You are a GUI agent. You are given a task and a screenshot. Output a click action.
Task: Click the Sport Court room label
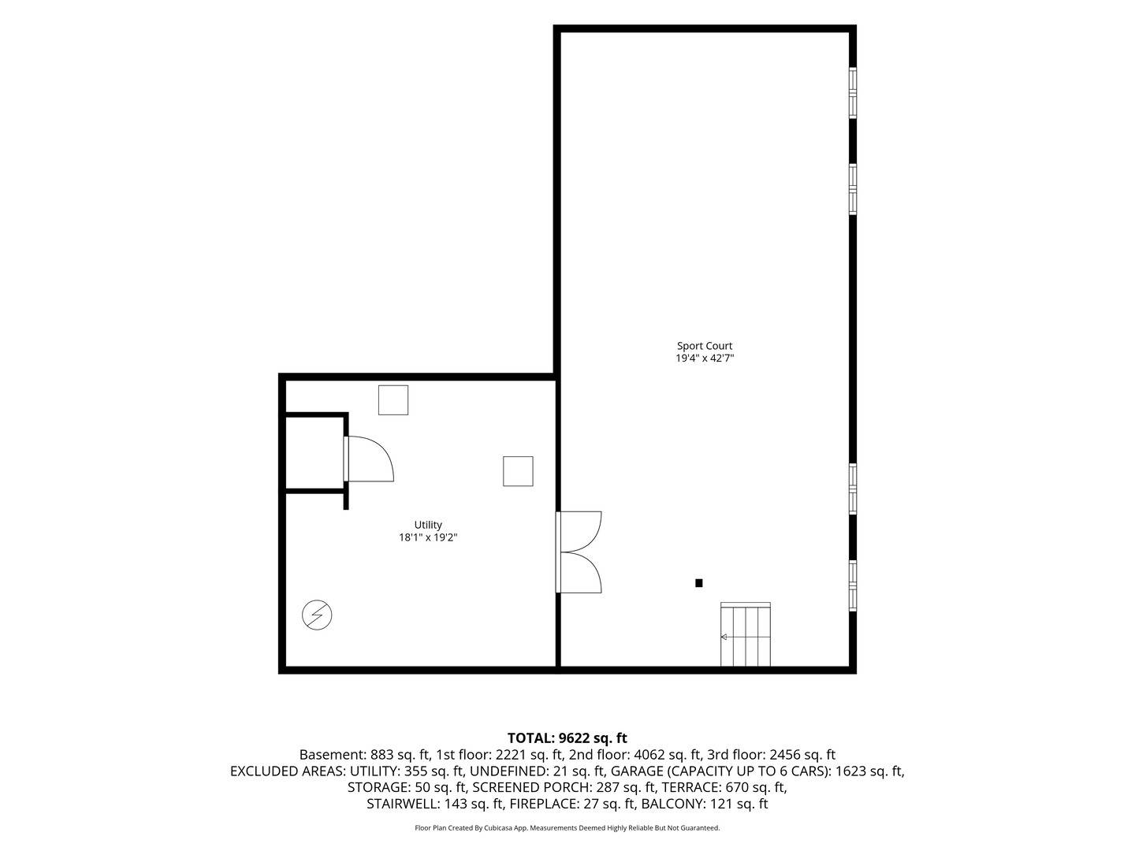pos(705,346)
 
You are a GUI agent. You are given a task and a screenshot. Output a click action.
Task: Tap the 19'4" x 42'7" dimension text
pos(705,358)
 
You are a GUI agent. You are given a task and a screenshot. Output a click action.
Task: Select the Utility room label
pos(428,525)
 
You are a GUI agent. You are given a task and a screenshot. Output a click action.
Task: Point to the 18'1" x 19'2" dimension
pos(428,537)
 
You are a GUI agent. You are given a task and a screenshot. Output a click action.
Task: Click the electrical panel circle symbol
pos(317,615)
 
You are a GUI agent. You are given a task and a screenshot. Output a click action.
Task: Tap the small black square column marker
pos(698,583)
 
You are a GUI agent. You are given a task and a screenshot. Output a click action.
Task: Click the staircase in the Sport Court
pos(745,634)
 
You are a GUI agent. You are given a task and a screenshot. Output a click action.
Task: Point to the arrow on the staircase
pos(724,637)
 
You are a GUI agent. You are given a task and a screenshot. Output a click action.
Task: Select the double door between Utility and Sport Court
pos(579,552)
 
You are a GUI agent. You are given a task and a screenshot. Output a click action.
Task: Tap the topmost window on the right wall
pos(853,93)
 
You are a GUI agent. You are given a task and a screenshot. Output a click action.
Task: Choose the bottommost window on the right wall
pos(853,586)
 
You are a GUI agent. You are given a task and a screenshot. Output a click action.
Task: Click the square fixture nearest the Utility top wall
pos(393,400)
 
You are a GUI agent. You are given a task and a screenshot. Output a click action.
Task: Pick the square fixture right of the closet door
pos(518,471)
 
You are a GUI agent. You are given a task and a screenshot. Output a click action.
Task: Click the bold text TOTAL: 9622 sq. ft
pos(567,738)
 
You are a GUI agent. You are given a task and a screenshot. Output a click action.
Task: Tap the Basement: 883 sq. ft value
pos(365,754)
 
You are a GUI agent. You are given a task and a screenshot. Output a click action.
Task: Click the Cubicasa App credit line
pos(567,827)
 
